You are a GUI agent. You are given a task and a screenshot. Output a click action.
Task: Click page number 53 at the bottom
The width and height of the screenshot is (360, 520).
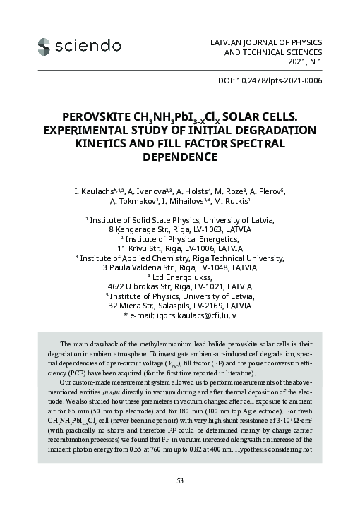tap(180, 480)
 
